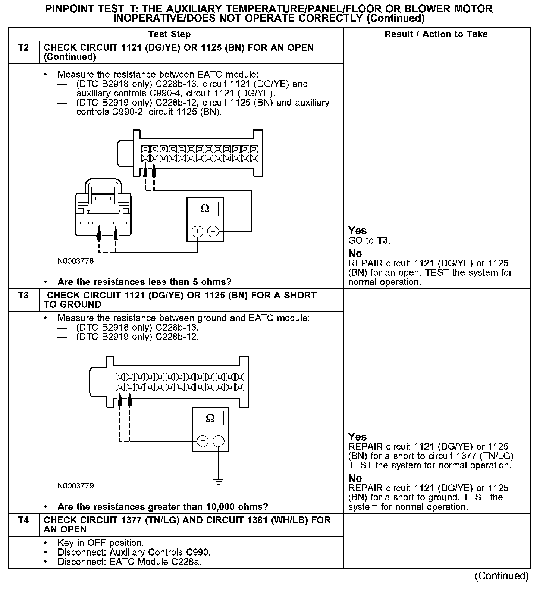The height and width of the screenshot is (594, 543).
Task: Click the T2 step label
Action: coord(23,48)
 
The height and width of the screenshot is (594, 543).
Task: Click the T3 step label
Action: coord(23,296)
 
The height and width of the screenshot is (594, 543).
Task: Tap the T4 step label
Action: coord(23,520)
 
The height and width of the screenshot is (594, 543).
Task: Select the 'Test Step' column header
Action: coord(169,34)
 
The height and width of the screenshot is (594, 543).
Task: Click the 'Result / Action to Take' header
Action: coord(436,34)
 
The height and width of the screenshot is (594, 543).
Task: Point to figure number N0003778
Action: coord(76,261)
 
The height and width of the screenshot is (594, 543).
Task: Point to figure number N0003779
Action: coord(76,486)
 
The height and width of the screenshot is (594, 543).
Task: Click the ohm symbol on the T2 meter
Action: coord(205,209)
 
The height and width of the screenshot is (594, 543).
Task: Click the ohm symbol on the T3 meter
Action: coord(210,418)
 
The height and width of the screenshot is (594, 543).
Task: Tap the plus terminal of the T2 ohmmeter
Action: coord(197,232)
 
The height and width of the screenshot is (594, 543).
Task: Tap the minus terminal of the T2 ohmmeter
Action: coord(213,232)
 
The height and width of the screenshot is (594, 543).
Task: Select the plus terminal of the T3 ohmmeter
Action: coord(203,441)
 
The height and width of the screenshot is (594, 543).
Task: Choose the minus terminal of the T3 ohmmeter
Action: coord(219,441)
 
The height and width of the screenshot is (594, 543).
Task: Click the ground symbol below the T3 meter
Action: coord(219,482)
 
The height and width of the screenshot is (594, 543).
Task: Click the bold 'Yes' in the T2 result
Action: coord(357,231)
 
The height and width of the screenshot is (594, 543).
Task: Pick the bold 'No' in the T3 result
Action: coord(355,478)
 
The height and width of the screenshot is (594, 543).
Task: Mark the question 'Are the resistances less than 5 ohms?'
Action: coord(144,282)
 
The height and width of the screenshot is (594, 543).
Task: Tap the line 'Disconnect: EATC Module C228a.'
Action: coord(129,562)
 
